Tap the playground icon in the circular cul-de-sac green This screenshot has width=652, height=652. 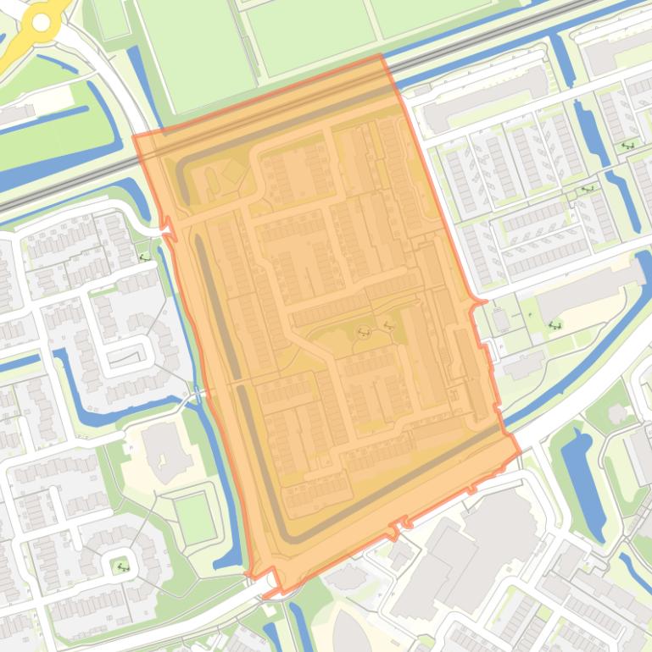tap(123, 566)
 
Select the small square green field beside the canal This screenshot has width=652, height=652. tap(194, 517)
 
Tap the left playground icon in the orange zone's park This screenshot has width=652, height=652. tap(365, 332)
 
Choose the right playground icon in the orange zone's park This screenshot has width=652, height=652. tap(389, 324)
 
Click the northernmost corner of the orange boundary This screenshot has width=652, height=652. tap(381, 56)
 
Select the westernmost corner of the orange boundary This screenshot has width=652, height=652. tap(134, 135)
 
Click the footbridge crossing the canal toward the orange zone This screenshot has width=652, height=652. tap(198, 394)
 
